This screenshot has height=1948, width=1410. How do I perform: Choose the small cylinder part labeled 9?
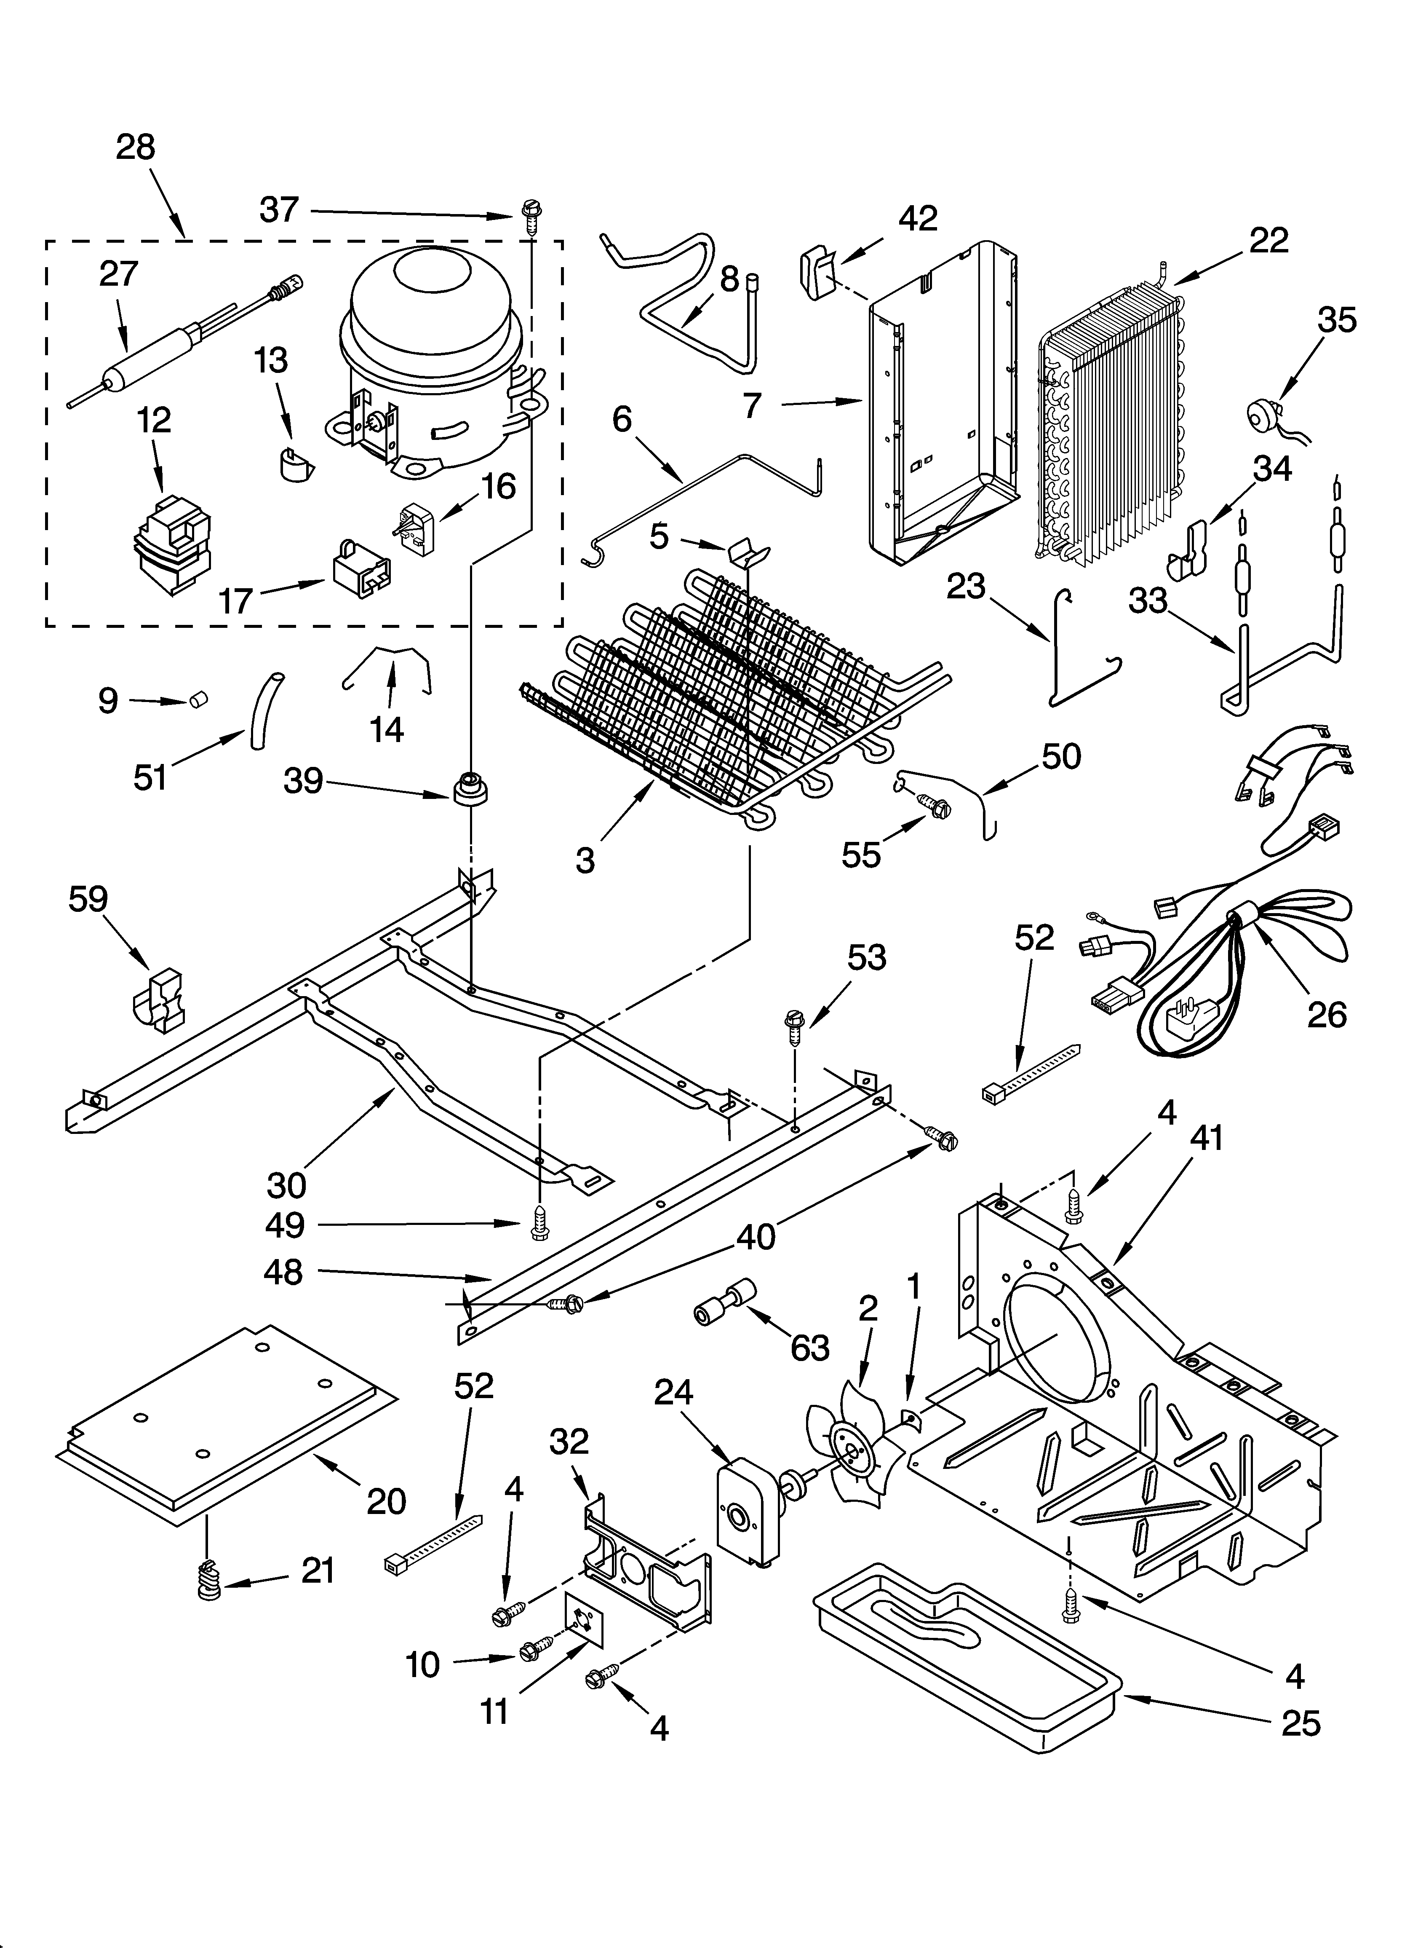[200, 702]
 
